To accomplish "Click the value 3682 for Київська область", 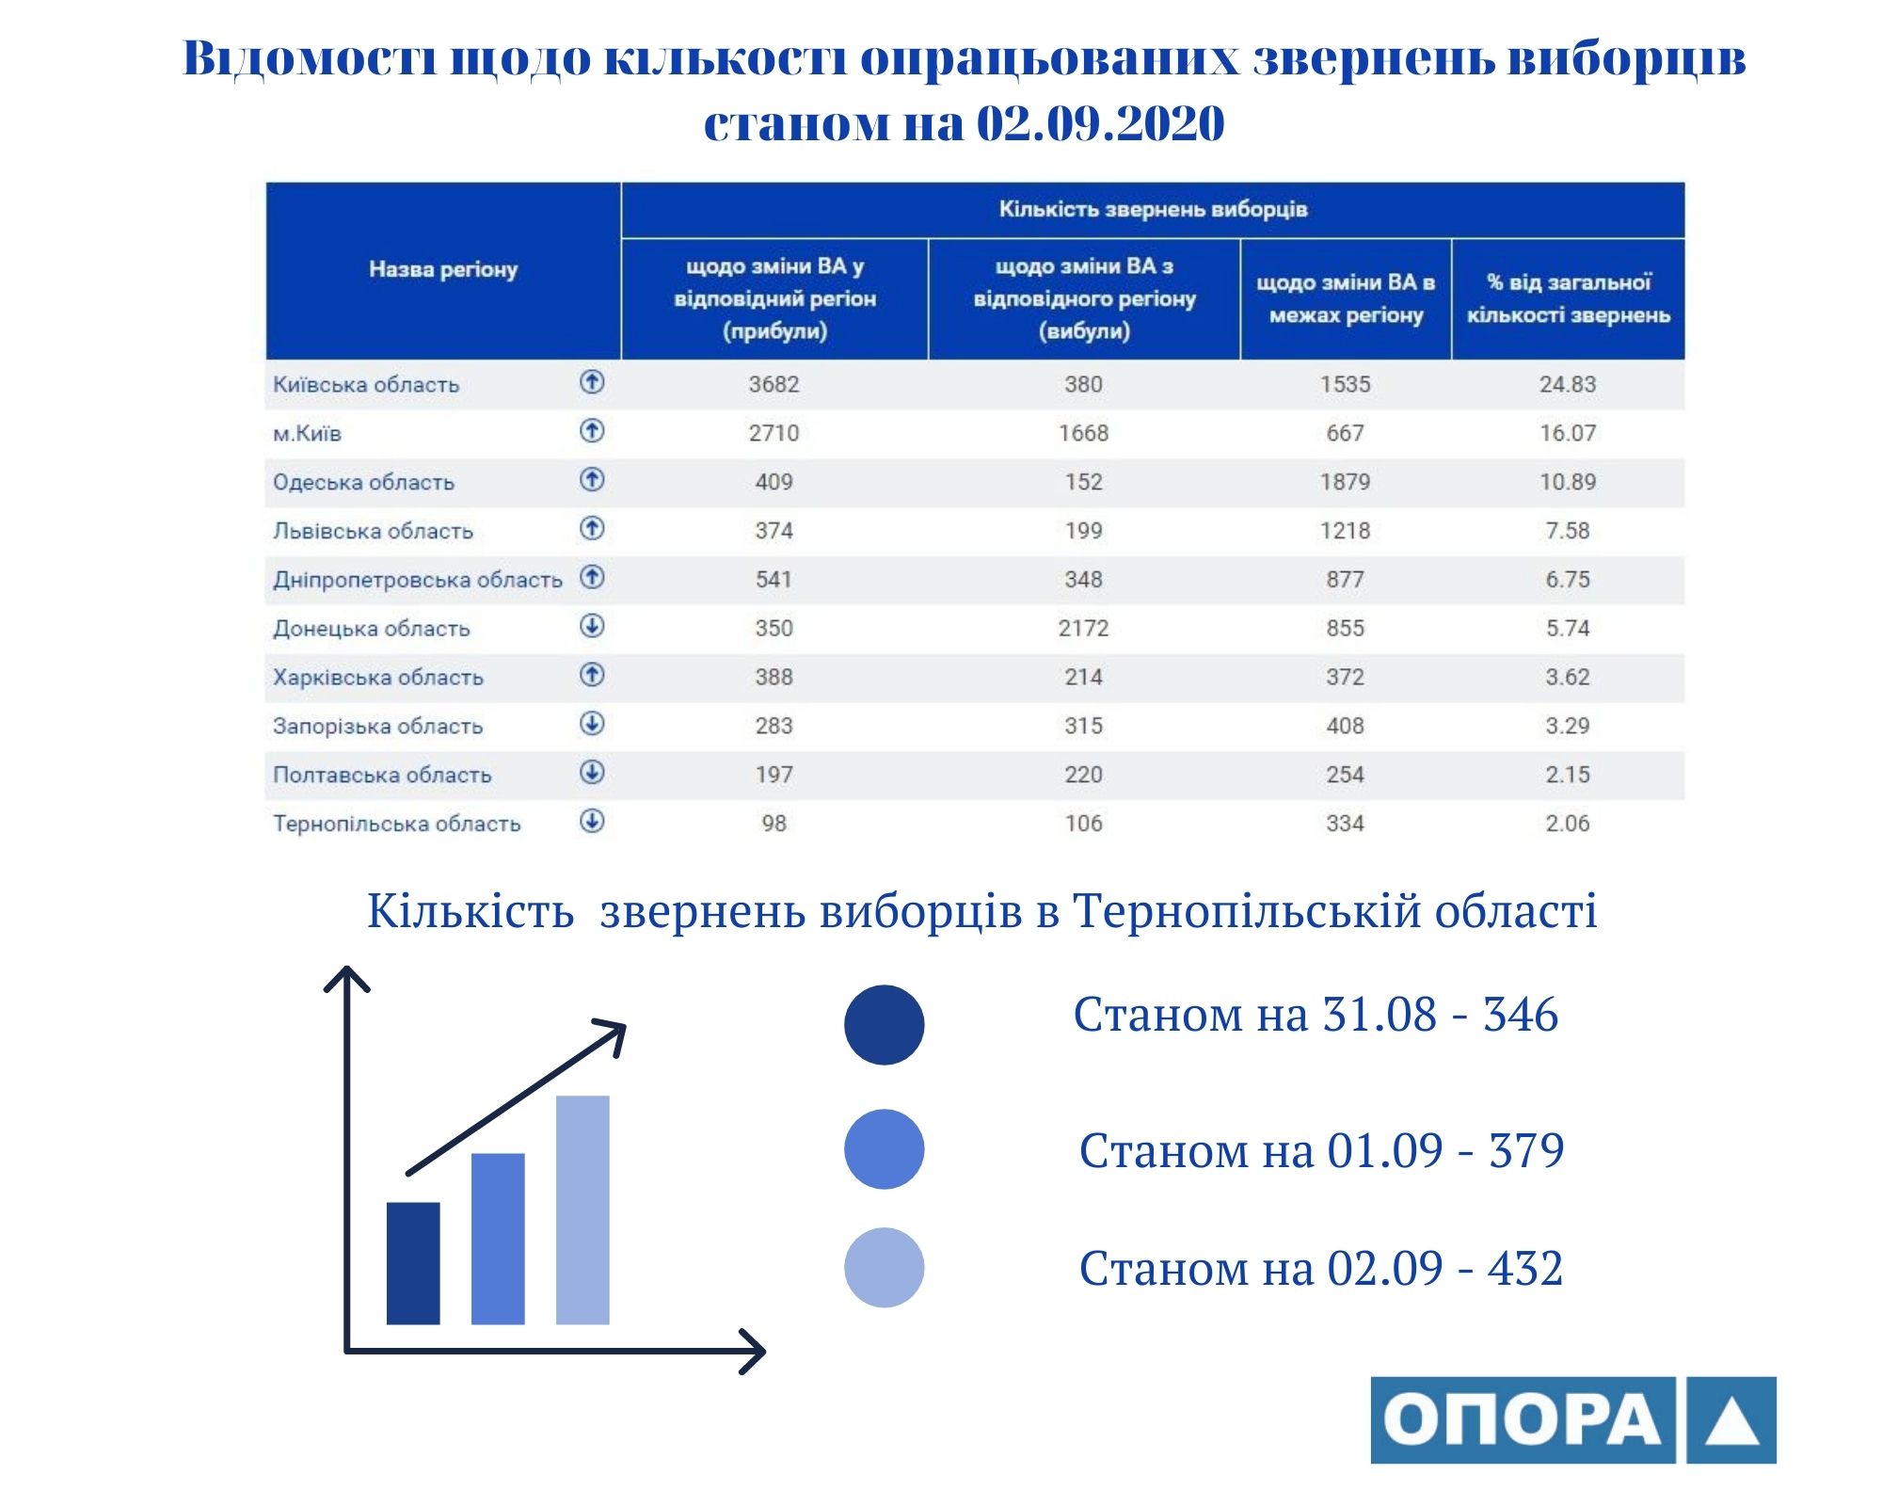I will pyautogui.click(x=774, y=384).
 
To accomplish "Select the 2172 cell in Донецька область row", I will pyautogui.click(x=1083, y=628).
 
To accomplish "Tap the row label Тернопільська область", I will pyautogui.click(x=396, y=824).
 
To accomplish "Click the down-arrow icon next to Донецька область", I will pyautogui.click(x=592, y=626).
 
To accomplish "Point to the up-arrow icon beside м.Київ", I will pyautogui.click(x=592, y=431).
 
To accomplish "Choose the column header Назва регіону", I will pyautogui.click(x=443, y=269).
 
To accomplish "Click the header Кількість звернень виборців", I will pyautogui.click(x=1153, y=209).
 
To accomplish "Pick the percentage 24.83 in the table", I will pyautogui.click(x=1568, y=384).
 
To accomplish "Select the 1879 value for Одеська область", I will pyautogui.click(x=1345, y=482).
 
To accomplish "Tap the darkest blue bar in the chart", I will pyautogui.click(x=413, y=1263).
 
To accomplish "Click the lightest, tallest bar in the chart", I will pyautogui.click(x=582, y=1210).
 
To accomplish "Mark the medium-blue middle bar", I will pyautogui.click(x=498, y=1239).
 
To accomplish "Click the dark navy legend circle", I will pyautogui.click(x=884, y=1025).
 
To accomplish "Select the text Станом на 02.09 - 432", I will pyautogui.click(x=1320, y=1268).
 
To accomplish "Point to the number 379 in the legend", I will pyautogui.click(x=1526, y=1150).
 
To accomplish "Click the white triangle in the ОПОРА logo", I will pyautogui.click(x=1731, y=1422).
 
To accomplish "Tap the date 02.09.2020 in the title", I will pyautogui.click(x=1100, y=123).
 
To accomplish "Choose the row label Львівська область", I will pyautogui.click(x=373, y=531).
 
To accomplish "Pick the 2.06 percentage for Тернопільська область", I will pyautogui.click(x=1568, y=824).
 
